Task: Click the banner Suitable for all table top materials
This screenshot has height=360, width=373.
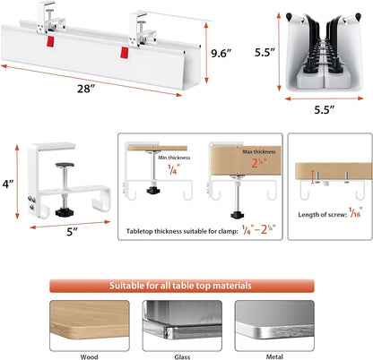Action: pos(186,286)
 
